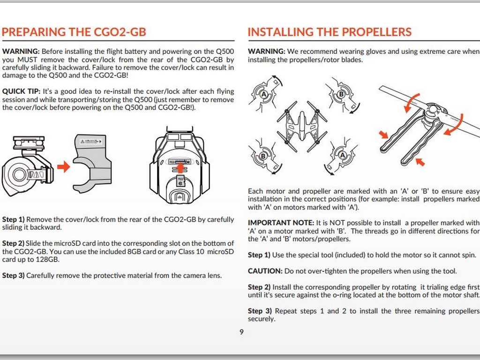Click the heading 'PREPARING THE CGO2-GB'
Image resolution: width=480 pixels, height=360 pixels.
[x=74, y=32]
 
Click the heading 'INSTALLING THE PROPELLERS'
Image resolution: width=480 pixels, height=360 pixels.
[x=330, y=32]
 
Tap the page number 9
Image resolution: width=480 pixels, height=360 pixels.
[x=241, y=332]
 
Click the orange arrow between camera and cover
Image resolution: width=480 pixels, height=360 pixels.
[x=64, y=167]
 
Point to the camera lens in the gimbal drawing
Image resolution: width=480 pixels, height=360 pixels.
[x=20, y=175]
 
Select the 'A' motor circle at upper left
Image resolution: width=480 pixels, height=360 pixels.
[x=264, y=94]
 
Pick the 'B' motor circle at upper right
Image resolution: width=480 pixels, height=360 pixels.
[x=341, y=94]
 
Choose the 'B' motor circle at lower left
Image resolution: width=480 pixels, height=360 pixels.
[x=263, y=156]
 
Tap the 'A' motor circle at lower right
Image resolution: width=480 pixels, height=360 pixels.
[x=342, y=156]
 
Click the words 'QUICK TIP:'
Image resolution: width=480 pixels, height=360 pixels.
[x=21, y=91]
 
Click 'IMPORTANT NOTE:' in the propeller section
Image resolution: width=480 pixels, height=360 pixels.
[x=281, y=223]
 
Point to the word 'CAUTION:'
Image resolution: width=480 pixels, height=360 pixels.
[x=265, y=271]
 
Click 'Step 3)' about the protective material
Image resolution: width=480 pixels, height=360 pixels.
[x=13, y=276]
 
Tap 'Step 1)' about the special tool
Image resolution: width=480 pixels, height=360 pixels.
[x=259, y=255]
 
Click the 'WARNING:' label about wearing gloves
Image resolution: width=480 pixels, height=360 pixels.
[x=266, y=52]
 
